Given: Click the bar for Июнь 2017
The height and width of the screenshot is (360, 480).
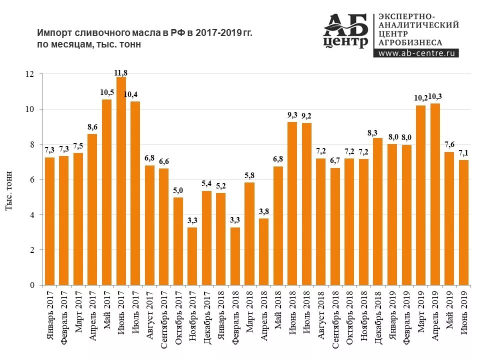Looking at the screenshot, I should pyautogui.click(x=121, y=181).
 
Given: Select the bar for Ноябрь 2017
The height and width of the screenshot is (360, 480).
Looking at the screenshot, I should pyautogui.click(x=192, y=256).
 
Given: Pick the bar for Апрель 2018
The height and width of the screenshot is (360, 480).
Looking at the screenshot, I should pyautogui.click(x=263, y=251).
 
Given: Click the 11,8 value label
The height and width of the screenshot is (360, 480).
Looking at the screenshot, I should pyautogui.click(x=121, y=73).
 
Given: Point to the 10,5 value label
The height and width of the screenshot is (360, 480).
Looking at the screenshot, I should pyautogui.click(x=107, y=92).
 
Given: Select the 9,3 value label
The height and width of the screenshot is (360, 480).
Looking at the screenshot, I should pyautogui.click(x=292, y=115).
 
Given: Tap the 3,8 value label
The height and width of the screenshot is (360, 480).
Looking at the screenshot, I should pyautogui.click(x=263, y=210).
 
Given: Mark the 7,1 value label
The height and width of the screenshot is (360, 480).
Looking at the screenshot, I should pyautogui.click(x=463, y=152).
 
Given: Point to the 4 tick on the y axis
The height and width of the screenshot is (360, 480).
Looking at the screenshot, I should pyautogui.click(x=32, y=215).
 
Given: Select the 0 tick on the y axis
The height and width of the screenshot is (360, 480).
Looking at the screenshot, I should pyautogui.click(x=32, y=285).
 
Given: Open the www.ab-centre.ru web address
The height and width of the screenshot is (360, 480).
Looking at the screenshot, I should pyautogui.click(x=415, y=53).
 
